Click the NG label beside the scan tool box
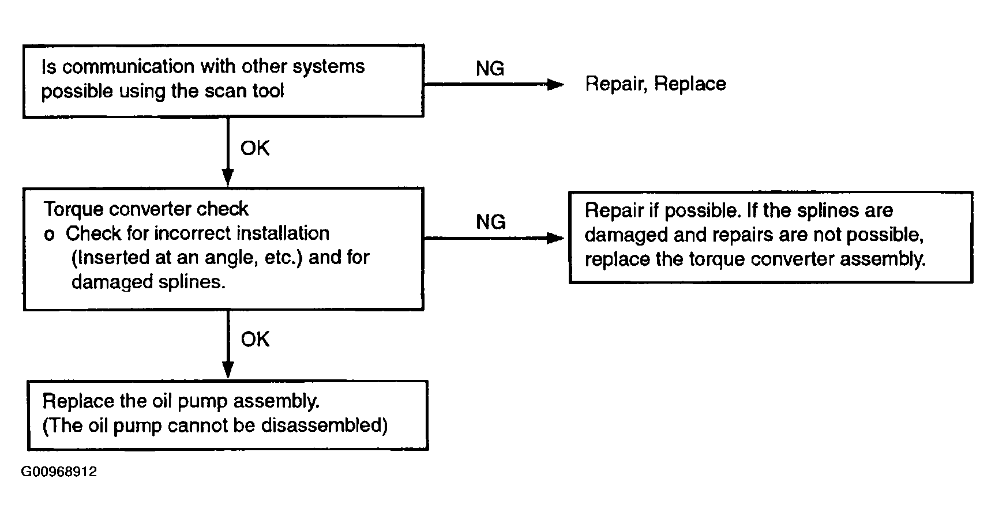pyautogui.click(x=490, y=69)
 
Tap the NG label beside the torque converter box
pyautogui.click(x=491, y=222)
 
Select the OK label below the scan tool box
pyautogui.click(x=255, y=148)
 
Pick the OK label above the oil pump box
pyautogui.click(x=255, y=340)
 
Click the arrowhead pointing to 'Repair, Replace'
pyautogui.click(x=555, y=85)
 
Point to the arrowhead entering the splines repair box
pyautogui.click(x=555, y=238)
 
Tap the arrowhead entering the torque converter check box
pyautogui.click(x=228, y=177)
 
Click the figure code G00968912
pyautogui.click(x=59, y=472)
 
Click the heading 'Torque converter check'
pyautogui.click(x=146, y=209)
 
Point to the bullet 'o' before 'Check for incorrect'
pyautogui.click(x=50, y=236)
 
